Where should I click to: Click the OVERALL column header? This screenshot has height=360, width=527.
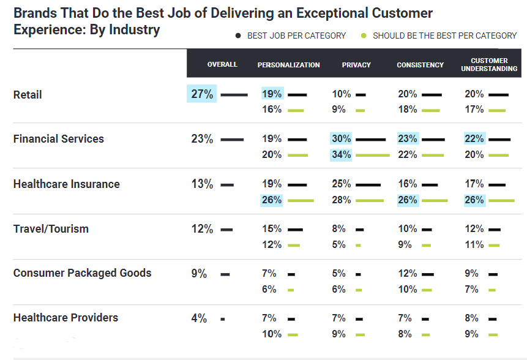(222, 64)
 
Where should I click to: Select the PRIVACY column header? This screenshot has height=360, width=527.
(356, 65)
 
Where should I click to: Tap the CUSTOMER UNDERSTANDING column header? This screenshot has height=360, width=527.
(490, 64)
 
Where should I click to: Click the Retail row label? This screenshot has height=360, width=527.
(28, 95)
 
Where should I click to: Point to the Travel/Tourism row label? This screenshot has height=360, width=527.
(51, 229)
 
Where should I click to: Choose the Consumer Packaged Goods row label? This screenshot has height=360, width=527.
(82, 273)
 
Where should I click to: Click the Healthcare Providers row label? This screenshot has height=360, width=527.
(65, 318)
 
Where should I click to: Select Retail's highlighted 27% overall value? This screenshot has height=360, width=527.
(202, 94)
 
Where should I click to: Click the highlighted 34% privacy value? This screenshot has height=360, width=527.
(342, 155)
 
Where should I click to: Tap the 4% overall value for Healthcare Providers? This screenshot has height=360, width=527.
(199, 318)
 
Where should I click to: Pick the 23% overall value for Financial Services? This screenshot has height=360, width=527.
(202, 139)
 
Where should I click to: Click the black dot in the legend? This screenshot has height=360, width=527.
(239, 36)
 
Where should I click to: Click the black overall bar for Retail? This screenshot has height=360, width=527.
(234, 95)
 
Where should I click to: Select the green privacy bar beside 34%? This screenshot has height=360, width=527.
(372, 156)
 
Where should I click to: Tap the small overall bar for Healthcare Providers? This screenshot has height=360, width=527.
(223, 319)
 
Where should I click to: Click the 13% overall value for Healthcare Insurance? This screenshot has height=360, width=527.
(202, 184)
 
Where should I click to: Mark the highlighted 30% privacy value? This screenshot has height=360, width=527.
(342, 139)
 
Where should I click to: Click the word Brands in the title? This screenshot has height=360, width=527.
(36, 13)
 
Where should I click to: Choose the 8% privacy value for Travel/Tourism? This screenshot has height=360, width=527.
(338, 229)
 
